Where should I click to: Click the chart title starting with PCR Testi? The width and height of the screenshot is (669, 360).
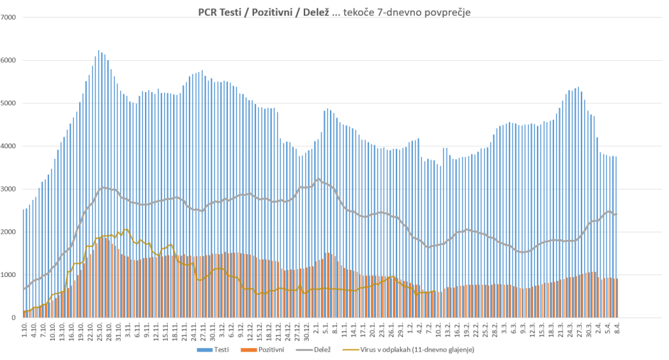click(x=334, y=11)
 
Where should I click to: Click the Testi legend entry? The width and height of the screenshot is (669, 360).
click(x=213, y=351)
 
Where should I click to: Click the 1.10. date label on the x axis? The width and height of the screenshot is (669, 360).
click(x=24, y=329)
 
